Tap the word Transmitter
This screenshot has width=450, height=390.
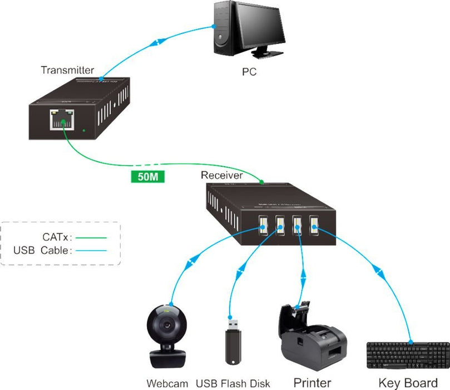pyautogui.click(x=67, y=70)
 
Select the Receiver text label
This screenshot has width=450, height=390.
pyautogui.click(x=221, y=175)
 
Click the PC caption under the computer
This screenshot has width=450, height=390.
pyautogui.click(x=249, y=72)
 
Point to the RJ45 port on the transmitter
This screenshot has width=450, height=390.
pyautogui.click(x=62, y=118)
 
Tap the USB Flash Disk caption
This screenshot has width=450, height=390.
pyautogui.click(x=233, y=383)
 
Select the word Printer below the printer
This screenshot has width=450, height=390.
pyautogui.click(x=311, y=383)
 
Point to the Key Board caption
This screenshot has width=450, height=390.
pyautogui.click(x=408, y=383)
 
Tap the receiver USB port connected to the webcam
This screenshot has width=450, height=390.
pyautogui.click(x=261, y=226)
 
